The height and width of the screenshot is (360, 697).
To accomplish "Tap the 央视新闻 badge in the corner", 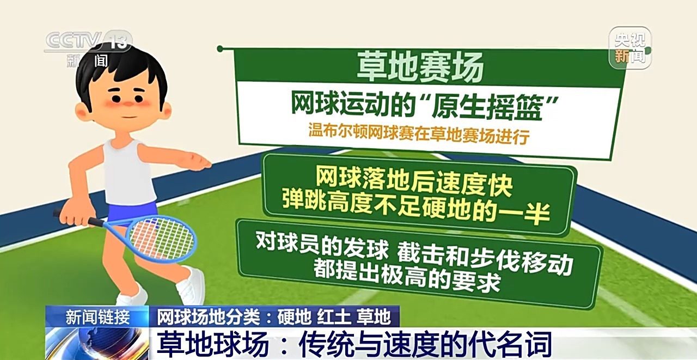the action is pos(630,47).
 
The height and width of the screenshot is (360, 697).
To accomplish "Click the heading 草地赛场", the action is pos(420,67).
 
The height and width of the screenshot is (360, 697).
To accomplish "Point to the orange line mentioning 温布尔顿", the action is pos(419,134).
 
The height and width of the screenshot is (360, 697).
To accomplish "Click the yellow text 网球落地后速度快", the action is pos(414,181).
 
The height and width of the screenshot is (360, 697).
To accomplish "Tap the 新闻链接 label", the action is pos(97,318).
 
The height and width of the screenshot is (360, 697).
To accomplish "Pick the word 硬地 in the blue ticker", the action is pos(294,317).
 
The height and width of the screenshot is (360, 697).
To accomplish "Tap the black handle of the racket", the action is pos(78,218).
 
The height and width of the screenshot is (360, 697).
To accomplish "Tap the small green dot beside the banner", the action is pos(220,48).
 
